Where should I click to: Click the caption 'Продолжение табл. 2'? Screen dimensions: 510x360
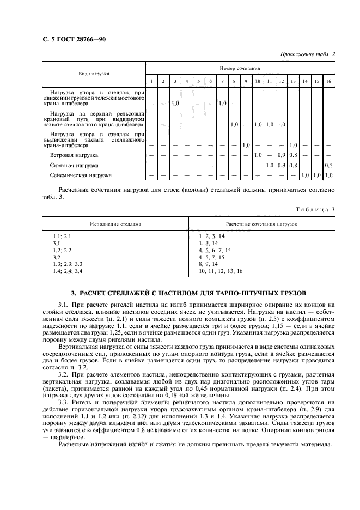tap(307, 54)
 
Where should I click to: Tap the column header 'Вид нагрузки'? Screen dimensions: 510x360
tap(94, 73)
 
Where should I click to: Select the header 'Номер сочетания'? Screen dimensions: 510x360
tap(239, 69)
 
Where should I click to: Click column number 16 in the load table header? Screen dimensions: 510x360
tap(328, 81)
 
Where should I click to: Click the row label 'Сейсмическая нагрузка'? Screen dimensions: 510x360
tap(81, 175)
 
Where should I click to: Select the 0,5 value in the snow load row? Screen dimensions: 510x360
tap(328, 165)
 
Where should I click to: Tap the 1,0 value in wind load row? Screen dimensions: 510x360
tap(258, 155)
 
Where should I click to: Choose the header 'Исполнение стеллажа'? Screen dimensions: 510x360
tap(116, 224)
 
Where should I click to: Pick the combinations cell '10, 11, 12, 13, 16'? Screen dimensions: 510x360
tap(221, 270)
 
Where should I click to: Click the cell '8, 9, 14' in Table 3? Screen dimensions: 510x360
tap(209, 263)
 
